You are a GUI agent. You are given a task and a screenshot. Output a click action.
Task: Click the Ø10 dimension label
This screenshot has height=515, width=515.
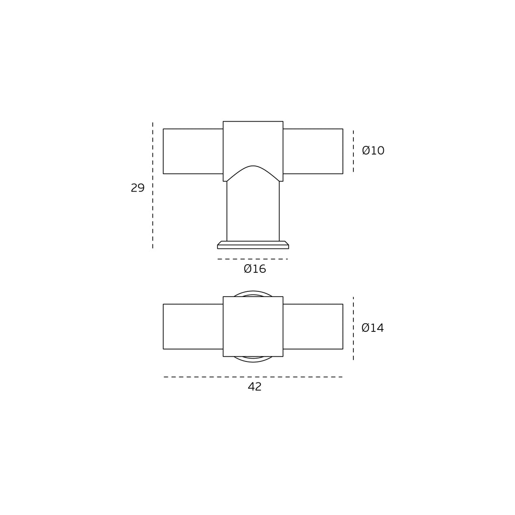tap(373, 150)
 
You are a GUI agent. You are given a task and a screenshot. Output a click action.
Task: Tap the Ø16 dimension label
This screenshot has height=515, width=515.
tap(255, 269)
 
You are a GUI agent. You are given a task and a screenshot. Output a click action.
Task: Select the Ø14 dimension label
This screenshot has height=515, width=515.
tap(373, 328)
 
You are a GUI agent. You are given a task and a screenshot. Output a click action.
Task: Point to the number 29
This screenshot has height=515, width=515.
tap(138, 188)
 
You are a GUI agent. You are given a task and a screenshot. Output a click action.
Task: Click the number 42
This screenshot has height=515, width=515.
tap(255, 387)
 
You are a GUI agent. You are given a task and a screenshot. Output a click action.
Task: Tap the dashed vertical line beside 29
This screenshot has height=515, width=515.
tap(153, 185)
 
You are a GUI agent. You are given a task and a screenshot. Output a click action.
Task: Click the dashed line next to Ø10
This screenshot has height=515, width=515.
tap(353, 151)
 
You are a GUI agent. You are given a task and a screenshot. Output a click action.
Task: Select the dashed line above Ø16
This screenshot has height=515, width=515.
tap(253, 259)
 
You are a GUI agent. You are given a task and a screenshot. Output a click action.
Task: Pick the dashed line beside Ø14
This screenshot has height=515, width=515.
tap(353, 329)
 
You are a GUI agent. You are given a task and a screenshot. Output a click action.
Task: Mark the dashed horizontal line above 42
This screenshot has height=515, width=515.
tap(253, 377)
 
